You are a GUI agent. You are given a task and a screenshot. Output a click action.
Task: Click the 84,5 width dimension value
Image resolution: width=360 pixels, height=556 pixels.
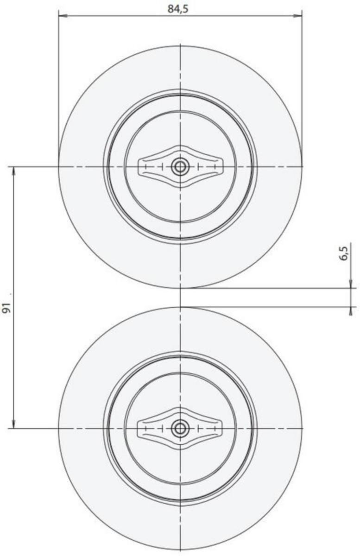pyautogui.click(x=178, y=9)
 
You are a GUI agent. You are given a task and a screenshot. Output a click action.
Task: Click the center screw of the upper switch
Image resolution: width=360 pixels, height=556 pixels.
pyautogui.click(x=180, y=166)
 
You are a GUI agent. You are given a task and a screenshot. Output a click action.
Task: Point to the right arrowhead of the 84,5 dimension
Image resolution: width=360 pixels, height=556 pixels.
pyautogui.click(x=297, y=16)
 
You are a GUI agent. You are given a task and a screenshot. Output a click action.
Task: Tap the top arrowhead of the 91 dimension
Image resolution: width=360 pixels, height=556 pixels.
pyautogui.click(x=13, y=171)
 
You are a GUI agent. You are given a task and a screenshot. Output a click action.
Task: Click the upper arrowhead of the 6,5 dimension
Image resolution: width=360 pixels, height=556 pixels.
pyautogui.click(x=351, y=284)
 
